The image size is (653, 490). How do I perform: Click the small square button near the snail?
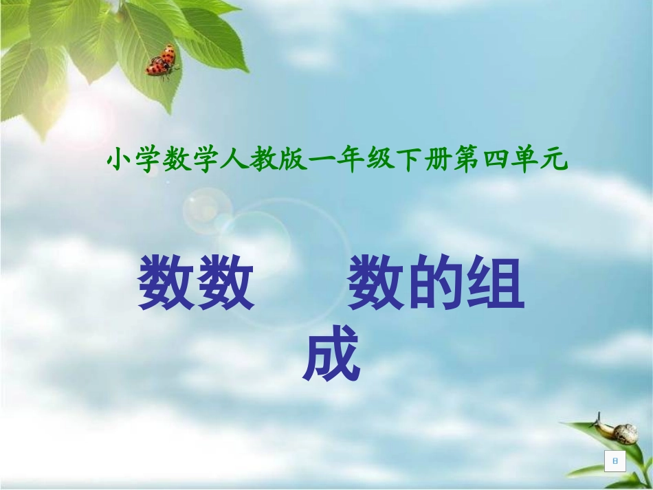pyautogui.click(x=615, y=462)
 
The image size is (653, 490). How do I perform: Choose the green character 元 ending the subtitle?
pyautogui.click(x=555, y=162)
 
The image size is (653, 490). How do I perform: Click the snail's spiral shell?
pyautogui.click(x=626, y=434)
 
